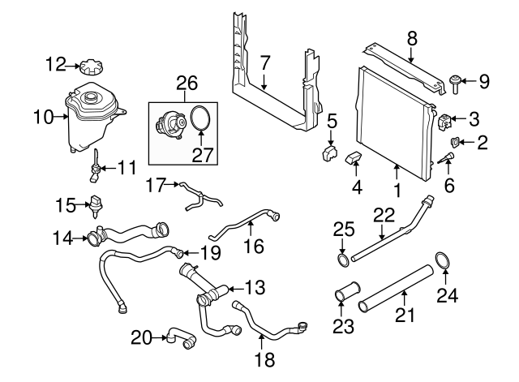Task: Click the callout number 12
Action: point(55,62)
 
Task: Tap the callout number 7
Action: point(264,61)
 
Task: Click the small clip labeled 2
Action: point(456,144)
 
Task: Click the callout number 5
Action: point(332,121)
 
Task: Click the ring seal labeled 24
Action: point(442,260)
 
